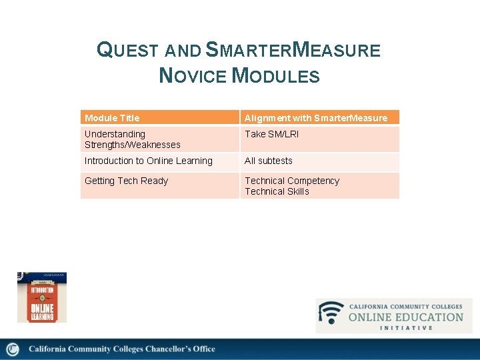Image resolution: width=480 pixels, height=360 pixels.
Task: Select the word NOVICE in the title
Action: (x=193, y=75)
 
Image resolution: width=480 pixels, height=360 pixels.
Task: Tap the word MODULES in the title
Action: (x=275, y=75)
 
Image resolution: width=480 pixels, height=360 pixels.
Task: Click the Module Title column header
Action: (x=112, y=118)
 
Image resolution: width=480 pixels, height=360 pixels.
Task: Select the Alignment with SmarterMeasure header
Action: (x=315, y=118)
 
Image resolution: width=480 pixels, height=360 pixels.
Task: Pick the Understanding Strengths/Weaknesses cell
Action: (x=132, y=139)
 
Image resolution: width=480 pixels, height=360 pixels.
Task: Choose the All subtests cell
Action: (x=268, y=161)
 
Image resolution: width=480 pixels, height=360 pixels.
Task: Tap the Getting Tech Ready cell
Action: (x=126, y=181)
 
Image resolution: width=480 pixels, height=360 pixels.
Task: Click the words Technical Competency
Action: (x=291, y=181)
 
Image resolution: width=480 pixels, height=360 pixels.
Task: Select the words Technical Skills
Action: (x=277, y=191)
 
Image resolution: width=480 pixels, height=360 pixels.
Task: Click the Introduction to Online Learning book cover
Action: (x=41, y=297)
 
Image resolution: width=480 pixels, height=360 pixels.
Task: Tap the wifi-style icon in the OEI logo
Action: (x=331, y=313)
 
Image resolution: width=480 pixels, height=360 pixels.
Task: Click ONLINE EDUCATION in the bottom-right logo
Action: (x=405, y=317)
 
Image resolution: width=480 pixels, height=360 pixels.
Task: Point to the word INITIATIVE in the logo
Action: (x=406, y=328)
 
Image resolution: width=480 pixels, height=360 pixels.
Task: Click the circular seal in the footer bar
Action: (x=13, y=349)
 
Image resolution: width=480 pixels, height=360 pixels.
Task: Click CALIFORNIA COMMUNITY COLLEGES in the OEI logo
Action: (x=405, y=307)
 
